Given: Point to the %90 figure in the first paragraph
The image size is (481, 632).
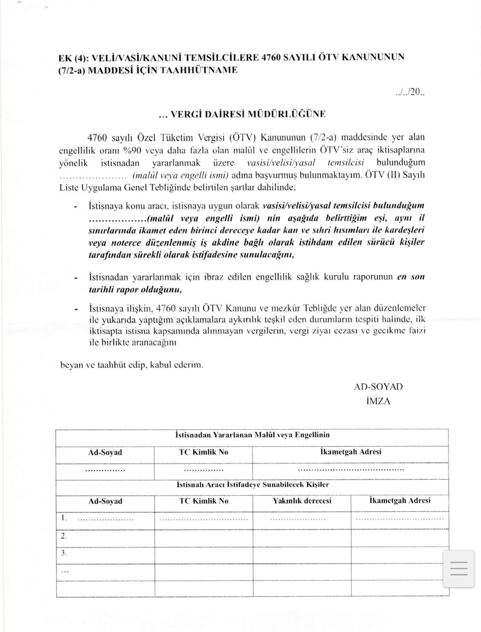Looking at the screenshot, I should (x=132, y=150).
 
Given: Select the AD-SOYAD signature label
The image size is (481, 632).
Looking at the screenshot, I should (x=378, y=387).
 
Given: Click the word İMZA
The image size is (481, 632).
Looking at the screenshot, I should (x=378, y=401).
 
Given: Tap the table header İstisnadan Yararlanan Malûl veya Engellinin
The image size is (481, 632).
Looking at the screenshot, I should (x=253, y=435).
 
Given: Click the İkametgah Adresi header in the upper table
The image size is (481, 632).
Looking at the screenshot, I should (x=351, y=452).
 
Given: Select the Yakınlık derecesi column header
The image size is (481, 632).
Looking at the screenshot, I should (x=302, y=501).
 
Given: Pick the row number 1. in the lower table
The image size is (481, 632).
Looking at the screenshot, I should (x=64, y=518).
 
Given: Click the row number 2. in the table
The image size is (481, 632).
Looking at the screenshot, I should (x=64, y=536).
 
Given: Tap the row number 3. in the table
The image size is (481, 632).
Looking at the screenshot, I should (x=64, y=553).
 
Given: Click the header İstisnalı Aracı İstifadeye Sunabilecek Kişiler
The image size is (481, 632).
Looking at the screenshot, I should (x=253, y=484).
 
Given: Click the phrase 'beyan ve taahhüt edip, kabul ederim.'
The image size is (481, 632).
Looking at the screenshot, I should (x=131, y=365).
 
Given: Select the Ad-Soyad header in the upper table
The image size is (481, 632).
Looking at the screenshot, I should (x=105, y=452).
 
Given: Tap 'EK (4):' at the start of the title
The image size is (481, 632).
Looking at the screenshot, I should (x=73, y=57).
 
